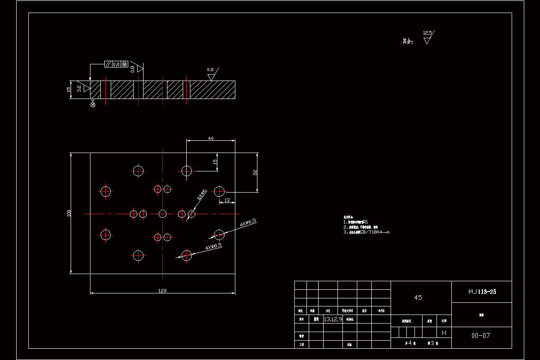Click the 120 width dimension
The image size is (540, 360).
162,291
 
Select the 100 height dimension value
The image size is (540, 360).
69,213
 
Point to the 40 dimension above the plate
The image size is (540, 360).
211,139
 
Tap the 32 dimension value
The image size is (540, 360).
255,172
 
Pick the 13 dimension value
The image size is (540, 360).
227,200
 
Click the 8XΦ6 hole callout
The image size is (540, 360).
202,194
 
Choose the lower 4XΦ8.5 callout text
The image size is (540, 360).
214,247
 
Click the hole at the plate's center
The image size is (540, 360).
162,213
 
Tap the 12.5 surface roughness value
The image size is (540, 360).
427,33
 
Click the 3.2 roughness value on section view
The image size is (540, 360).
79,89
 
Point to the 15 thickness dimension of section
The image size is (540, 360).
69,89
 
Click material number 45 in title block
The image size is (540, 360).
418,297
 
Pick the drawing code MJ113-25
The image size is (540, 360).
482,292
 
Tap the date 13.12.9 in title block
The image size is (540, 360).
333,319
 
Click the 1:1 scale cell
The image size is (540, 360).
444,333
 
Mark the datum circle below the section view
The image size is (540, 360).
93,105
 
